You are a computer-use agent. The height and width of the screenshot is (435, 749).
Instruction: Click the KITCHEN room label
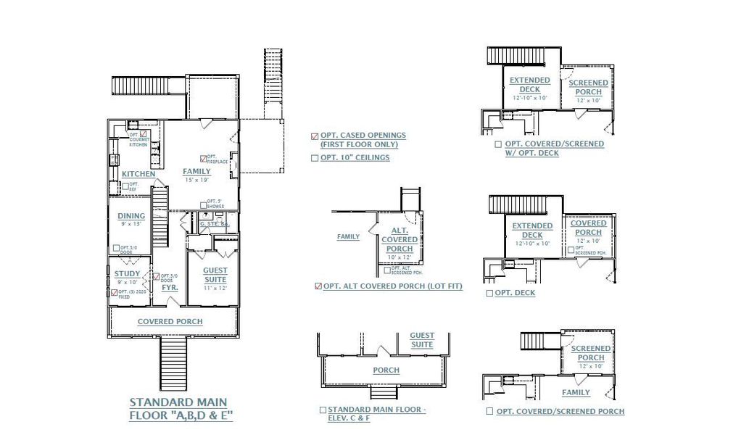tap(138, 174)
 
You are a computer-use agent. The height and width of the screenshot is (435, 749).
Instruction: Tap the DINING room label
tap(131, 215)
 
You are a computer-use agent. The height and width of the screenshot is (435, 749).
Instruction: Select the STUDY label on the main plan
tap(128, 273)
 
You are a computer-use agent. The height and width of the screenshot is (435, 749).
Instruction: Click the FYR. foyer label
tap(170, 288)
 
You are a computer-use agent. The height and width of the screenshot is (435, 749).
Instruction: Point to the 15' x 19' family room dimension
tap(196, 179)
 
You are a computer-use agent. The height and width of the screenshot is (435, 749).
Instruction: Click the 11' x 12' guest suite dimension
tap(215, 288)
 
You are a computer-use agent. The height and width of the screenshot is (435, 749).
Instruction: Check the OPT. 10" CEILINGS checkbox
tap(314, 157)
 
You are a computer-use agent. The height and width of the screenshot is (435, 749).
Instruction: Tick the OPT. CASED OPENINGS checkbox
tap(314, 136)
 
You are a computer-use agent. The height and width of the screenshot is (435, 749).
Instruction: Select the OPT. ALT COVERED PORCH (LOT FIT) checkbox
tap(318, 286)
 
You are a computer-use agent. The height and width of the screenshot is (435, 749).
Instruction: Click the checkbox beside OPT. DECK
tap(489, 293)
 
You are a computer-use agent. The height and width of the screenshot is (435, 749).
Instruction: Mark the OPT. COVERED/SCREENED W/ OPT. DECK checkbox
tap(497, 144)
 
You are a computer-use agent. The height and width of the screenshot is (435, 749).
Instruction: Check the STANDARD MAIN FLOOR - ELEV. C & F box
tap(323, 410)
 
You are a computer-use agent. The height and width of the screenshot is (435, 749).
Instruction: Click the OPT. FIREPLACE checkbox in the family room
tap(203, 158)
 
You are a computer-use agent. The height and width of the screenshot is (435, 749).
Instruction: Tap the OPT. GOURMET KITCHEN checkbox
tap(143, 134)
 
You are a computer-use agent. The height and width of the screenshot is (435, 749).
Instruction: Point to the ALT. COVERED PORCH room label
tap(399, 239)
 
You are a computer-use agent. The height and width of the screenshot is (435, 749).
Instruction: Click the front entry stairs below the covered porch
tap(173, 363)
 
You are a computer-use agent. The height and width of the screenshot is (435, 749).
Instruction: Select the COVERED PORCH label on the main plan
tap(170, 321)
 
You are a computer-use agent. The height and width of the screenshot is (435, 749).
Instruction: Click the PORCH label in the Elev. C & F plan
tap(386, 370)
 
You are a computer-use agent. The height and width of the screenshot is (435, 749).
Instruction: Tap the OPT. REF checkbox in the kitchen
tap(125, 186)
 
